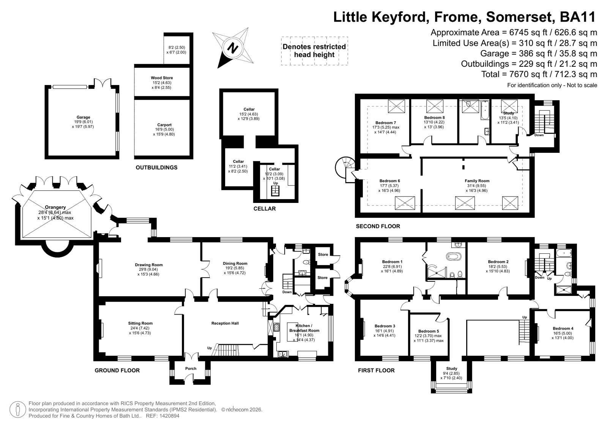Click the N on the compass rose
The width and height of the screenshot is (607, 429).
[x=232, y=48]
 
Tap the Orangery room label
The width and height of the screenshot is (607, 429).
[x=55, y=207]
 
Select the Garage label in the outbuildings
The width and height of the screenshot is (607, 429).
[x=83, y=117]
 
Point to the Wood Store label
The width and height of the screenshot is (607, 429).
[x=162, y=78]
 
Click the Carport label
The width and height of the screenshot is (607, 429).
[x=164, y=125]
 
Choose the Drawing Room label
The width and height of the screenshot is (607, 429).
[x=149, y=265]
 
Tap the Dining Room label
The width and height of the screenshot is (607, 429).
[x=235, y=263]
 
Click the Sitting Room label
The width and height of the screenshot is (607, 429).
[x=140, y=323]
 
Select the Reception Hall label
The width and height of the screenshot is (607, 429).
[x=225, y=323]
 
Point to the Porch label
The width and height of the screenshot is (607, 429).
[x=191, y=368]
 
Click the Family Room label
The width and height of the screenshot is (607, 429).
[x=477, y=181]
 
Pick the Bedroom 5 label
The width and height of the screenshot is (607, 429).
[x=429, y=331]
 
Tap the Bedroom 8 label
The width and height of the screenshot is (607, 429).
[x=434, y=118]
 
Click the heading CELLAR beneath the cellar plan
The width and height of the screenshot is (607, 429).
[x=265, y=209]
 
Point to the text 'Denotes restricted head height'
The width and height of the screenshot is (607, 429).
[x=314, y=51]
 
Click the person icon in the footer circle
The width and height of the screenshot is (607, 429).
[x=17, y=410]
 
